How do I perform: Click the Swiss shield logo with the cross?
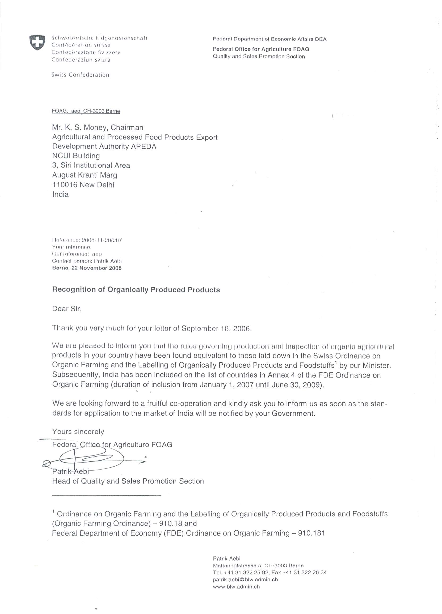coord(37,42)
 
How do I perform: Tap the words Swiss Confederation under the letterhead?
coord(80,75)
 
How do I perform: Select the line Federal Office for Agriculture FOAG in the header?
coord(261,49)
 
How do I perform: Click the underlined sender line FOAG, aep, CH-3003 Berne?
coord(86,111)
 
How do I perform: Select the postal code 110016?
coord(65,185)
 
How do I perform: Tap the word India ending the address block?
coord(60,194)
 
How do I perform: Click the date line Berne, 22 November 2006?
coord(87,268)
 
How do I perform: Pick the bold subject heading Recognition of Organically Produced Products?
coord(136,290)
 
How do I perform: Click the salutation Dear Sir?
coord(67,309)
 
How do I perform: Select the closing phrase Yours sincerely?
coord(78,432)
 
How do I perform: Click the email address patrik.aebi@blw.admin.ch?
coord(245,579)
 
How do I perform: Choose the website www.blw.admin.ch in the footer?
coord(236,587)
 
